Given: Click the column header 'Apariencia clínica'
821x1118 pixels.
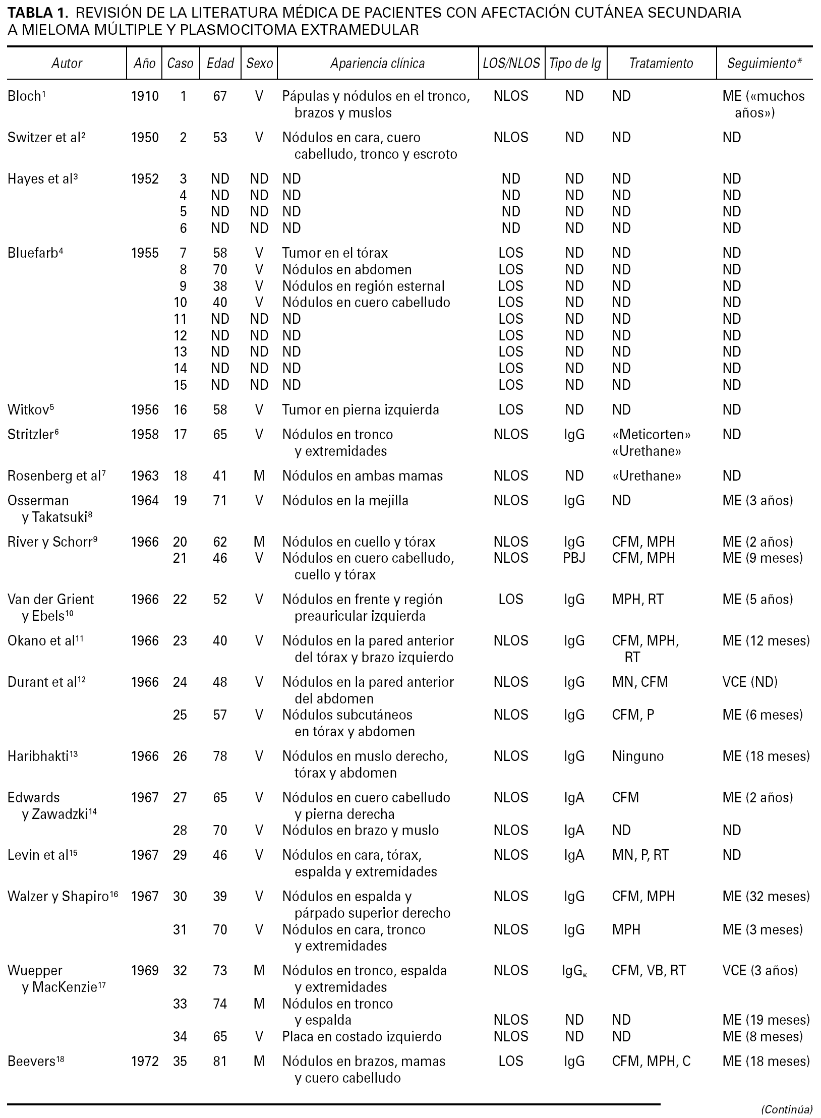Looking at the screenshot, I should (x=377, y=64).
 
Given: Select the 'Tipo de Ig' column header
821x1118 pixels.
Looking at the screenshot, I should (x=575, y=64).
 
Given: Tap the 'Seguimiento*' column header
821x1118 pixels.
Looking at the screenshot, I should (x=764, y=64).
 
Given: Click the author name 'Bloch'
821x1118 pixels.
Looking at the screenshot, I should (x=24, y=96).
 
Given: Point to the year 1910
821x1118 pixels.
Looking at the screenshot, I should (x=145, y=96).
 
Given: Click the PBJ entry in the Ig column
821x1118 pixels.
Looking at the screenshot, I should (x=574, y=558).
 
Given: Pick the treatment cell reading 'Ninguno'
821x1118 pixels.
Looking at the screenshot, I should (x=638, y=756).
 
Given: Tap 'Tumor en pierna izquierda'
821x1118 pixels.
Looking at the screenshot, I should (x=360, y=410).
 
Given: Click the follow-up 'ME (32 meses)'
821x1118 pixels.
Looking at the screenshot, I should (x=766, y=897).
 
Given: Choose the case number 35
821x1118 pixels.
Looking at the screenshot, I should (x=180, y=1062).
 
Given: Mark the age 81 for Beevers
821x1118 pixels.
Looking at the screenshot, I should (x=220, y=1062).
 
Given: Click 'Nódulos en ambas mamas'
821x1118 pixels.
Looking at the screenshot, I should (x=362, y=476).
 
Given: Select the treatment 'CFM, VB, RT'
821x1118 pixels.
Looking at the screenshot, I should (x=649, y=971).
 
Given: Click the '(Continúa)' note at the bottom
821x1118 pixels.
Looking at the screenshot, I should (x=787, y=1109).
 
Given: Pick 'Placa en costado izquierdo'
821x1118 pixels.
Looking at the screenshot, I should (x=362, y=1037).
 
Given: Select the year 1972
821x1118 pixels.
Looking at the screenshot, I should (x=145, y=1062).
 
